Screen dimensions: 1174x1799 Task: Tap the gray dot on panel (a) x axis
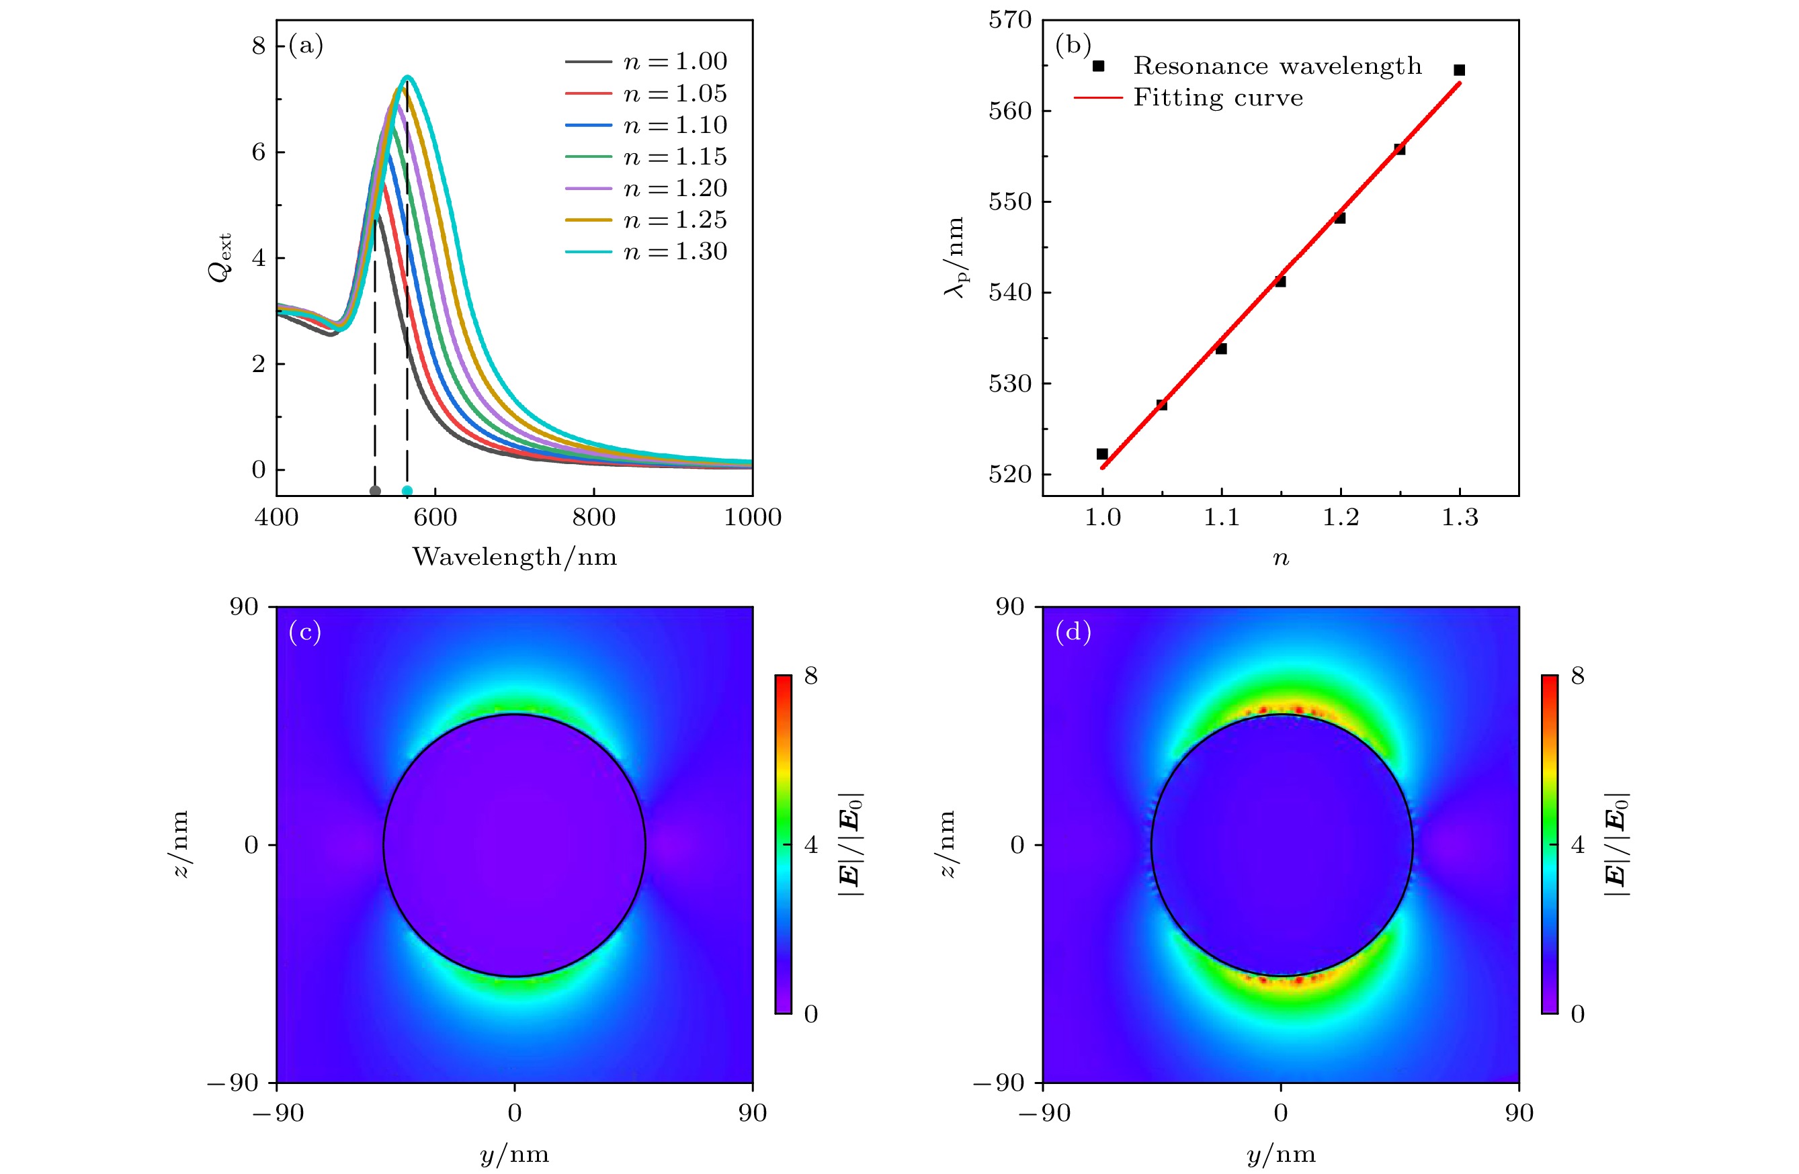coord(375,491)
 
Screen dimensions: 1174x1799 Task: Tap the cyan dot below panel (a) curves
coord(407,491)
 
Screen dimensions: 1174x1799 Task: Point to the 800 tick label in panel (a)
coord(593,518)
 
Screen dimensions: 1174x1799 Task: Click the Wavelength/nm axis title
coord(514,557)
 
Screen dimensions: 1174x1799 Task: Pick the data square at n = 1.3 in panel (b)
coord(1460,71)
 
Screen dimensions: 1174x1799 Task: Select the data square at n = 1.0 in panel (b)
coord(1102,454)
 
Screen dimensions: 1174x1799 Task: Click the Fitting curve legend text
coord(1218,98)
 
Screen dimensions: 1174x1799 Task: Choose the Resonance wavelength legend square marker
coord(1098,66)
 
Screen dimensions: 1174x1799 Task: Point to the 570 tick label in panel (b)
coord(1010,20)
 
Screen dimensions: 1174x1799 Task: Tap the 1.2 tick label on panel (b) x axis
coord(1340,518)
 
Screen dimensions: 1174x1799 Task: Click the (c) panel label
coord(304,631)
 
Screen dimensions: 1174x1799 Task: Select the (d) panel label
coord(1073,631)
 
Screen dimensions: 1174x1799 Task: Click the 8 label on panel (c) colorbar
coord(811,676)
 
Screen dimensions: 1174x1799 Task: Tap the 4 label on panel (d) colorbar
coord(1577,845)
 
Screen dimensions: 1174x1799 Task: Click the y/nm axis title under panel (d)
coord(1280,1154)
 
